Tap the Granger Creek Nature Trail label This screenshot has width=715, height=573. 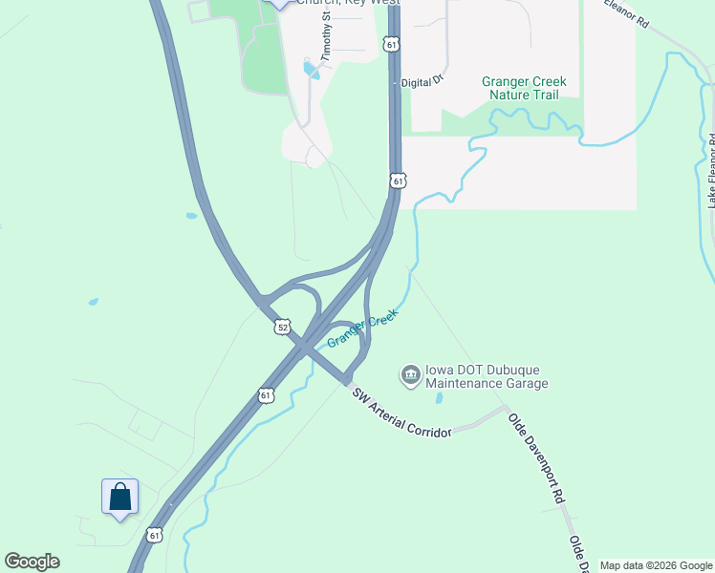[524, 88]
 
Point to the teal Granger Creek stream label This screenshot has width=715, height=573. [362, 329]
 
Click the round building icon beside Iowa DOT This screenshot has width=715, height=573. [410, 374]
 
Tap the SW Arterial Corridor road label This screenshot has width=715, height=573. [401, 414]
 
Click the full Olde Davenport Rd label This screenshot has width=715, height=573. [537, 458]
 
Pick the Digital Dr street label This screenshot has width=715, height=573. [422, 82]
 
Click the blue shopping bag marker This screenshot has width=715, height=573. [119, 498]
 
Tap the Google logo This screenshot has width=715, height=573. [32, 562]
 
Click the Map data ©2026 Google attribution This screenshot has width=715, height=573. [655, 565]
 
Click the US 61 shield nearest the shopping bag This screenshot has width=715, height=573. [155, 535]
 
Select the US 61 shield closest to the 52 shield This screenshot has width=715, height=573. [265, 394]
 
